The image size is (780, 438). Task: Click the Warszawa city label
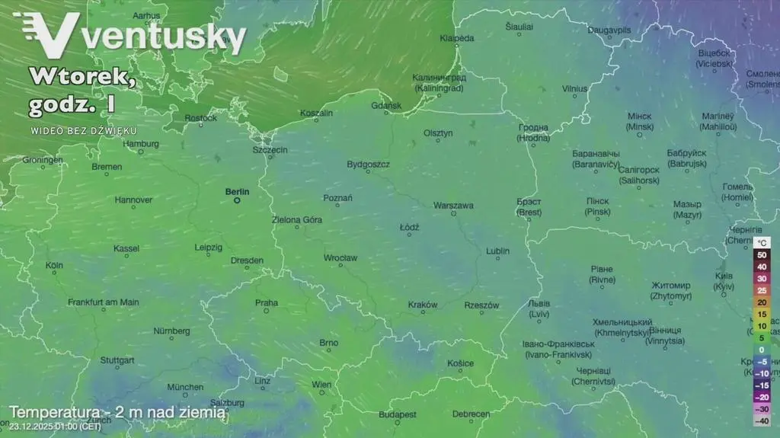(453, 206)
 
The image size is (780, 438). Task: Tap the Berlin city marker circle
(237, 201)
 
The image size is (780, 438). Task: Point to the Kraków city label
(423, 305)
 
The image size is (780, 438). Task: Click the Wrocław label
(340, 258)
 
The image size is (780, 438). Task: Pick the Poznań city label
(337, 198)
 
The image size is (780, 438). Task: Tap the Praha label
(267, 302)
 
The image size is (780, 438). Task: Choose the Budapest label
(397, 414)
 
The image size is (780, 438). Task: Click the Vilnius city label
(574, 88)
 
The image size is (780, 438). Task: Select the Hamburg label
(141, 143)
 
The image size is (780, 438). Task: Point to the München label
(185, 387)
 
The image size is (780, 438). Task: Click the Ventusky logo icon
(47, 35)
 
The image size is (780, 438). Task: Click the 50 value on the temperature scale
(761, 255)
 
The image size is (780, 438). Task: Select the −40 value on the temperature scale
(761, 420)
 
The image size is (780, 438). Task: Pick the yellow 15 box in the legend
(761, 314)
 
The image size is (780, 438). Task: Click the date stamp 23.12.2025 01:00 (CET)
(55, 426)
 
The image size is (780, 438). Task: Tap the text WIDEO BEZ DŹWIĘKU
(84, 131)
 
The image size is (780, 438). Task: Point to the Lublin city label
(497, 251)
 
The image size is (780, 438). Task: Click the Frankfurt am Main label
(104, 302)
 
